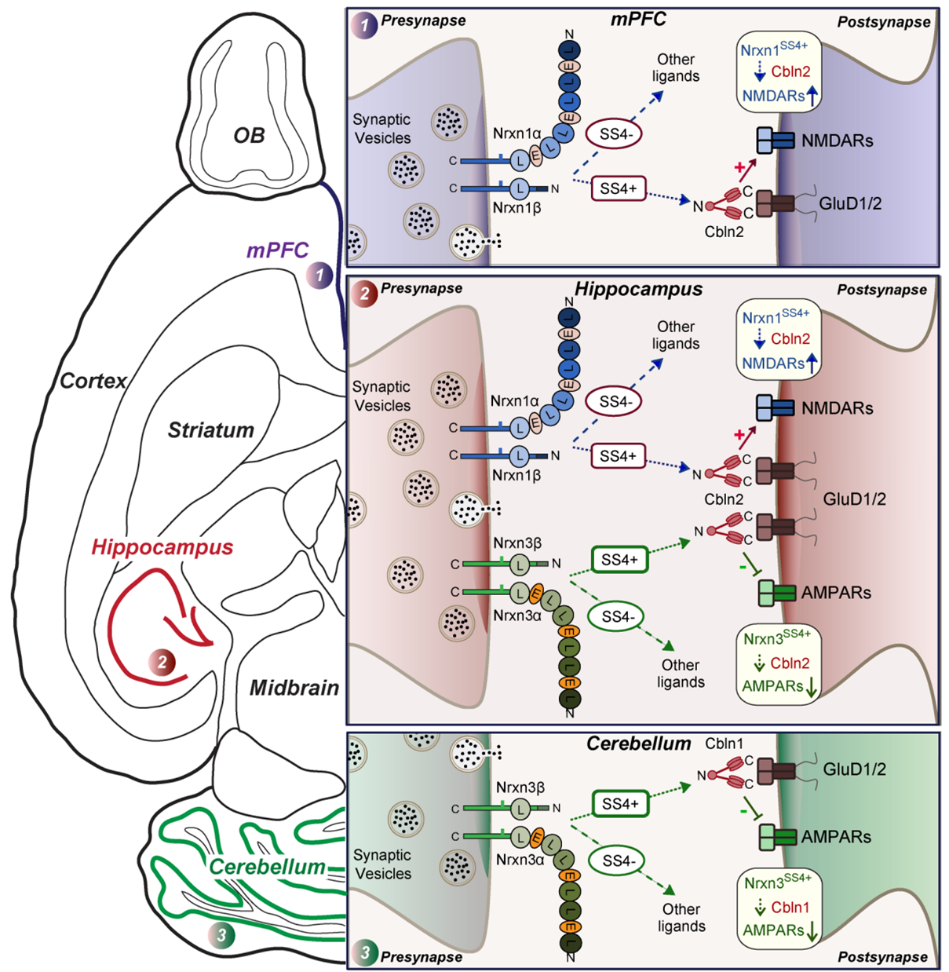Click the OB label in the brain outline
pos(249,135)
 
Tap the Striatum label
pos(210,430)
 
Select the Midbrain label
pos(294,688)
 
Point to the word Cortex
pos(93,381)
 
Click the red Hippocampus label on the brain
pos(162,547)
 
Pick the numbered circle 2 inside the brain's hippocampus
pos(162,663)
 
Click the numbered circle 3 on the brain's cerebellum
pos(222,934)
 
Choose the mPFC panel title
pos(637,20)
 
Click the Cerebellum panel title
pos(638,744)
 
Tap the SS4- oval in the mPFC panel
pos(615,134)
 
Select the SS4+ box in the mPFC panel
pos(619,188)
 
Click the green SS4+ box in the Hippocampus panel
pos(619,560)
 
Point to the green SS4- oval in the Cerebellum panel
pos(619,861)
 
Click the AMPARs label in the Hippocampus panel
pos(836,593)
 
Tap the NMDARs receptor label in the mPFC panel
pos(837,141)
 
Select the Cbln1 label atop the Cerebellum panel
pos(724,744)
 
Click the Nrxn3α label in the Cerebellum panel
pos(520,860)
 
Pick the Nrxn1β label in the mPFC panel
pos(516,208)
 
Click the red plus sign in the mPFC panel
pos(739,167)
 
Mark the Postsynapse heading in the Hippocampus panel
pos(881,290)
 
